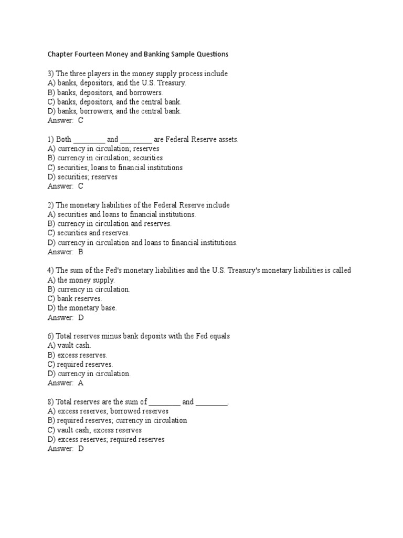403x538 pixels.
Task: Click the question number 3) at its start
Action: pos(51,74)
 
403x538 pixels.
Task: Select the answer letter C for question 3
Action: pos(80,120)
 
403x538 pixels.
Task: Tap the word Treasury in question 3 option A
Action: pos(172,83)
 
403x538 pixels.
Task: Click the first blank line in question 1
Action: pos(89,139)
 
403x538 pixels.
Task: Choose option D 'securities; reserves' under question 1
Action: pos(82,177)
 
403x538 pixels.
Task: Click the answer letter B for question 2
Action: pos(80,252)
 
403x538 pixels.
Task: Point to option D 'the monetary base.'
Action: pos(82,308)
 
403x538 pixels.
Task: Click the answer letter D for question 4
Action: pos(81,317)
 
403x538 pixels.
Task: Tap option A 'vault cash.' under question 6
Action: pos(69,345)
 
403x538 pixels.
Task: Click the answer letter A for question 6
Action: pos(80,383)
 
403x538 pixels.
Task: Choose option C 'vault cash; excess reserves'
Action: pos(94,430)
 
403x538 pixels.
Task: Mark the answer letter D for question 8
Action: pos(81,449)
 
